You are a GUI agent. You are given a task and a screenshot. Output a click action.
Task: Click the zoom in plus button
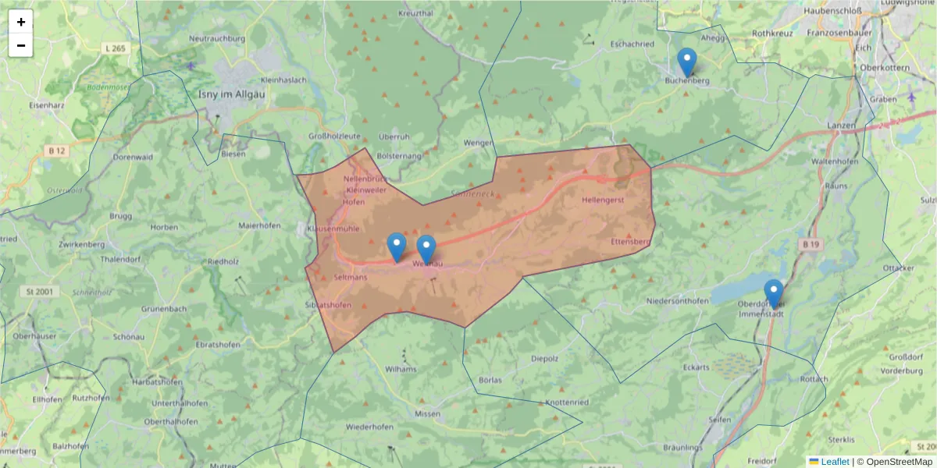tap(21, 22)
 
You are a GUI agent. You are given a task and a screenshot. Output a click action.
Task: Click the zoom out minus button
tap(21, 45)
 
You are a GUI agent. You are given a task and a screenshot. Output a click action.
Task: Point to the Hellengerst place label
tap(604, 200)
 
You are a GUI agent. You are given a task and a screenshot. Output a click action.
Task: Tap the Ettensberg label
tap(630, 242)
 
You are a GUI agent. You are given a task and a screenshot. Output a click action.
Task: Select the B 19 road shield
tap(811, 244)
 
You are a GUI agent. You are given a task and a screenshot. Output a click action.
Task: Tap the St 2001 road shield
tap(37, 292)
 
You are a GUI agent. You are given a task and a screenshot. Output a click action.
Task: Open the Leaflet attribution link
tap(835, 462)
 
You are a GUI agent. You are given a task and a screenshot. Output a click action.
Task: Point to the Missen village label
tap(428, 414)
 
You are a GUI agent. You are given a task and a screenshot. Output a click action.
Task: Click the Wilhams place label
tap(401, 369)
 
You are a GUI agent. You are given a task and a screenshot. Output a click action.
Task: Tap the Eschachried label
tap(632, 44)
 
